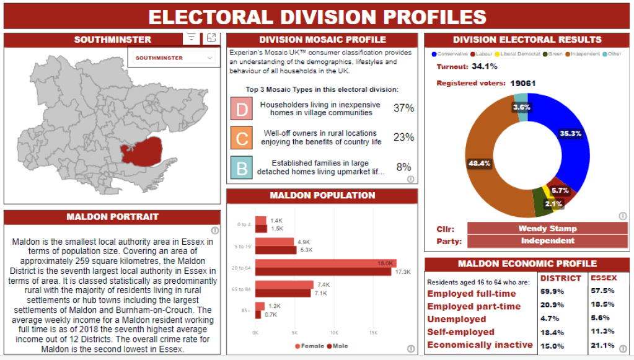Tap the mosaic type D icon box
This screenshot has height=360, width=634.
point(242,108)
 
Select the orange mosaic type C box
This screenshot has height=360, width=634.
point(242,138)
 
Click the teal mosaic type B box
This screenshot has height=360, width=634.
point(242,167)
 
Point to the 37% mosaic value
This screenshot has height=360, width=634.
point(403,108)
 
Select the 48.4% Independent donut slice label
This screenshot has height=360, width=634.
point(480,164)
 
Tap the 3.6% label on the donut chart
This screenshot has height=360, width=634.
point(521,107)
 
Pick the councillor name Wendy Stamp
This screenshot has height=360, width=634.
point(547,228)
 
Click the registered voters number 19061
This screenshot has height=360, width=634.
point(523,83)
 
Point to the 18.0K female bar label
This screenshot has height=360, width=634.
point(385,263)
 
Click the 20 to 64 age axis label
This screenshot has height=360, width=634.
point(241,268)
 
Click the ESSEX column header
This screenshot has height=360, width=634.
point(603,278)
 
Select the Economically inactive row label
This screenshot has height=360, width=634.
point(480,345)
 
